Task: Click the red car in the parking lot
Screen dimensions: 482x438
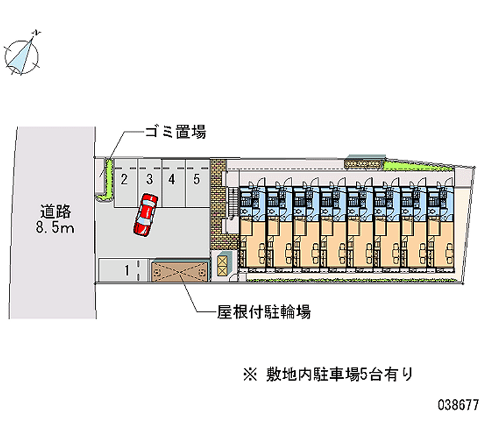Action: (145, 214)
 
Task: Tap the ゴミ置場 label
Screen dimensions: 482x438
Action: (175, 132)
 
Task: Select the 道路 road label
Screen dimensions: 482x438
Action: (56, 211)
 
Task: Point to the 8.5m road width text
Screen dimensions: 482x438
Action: (56, 228)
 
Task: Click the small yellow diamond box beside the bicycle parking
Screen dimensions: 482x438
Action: (224, 263)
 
